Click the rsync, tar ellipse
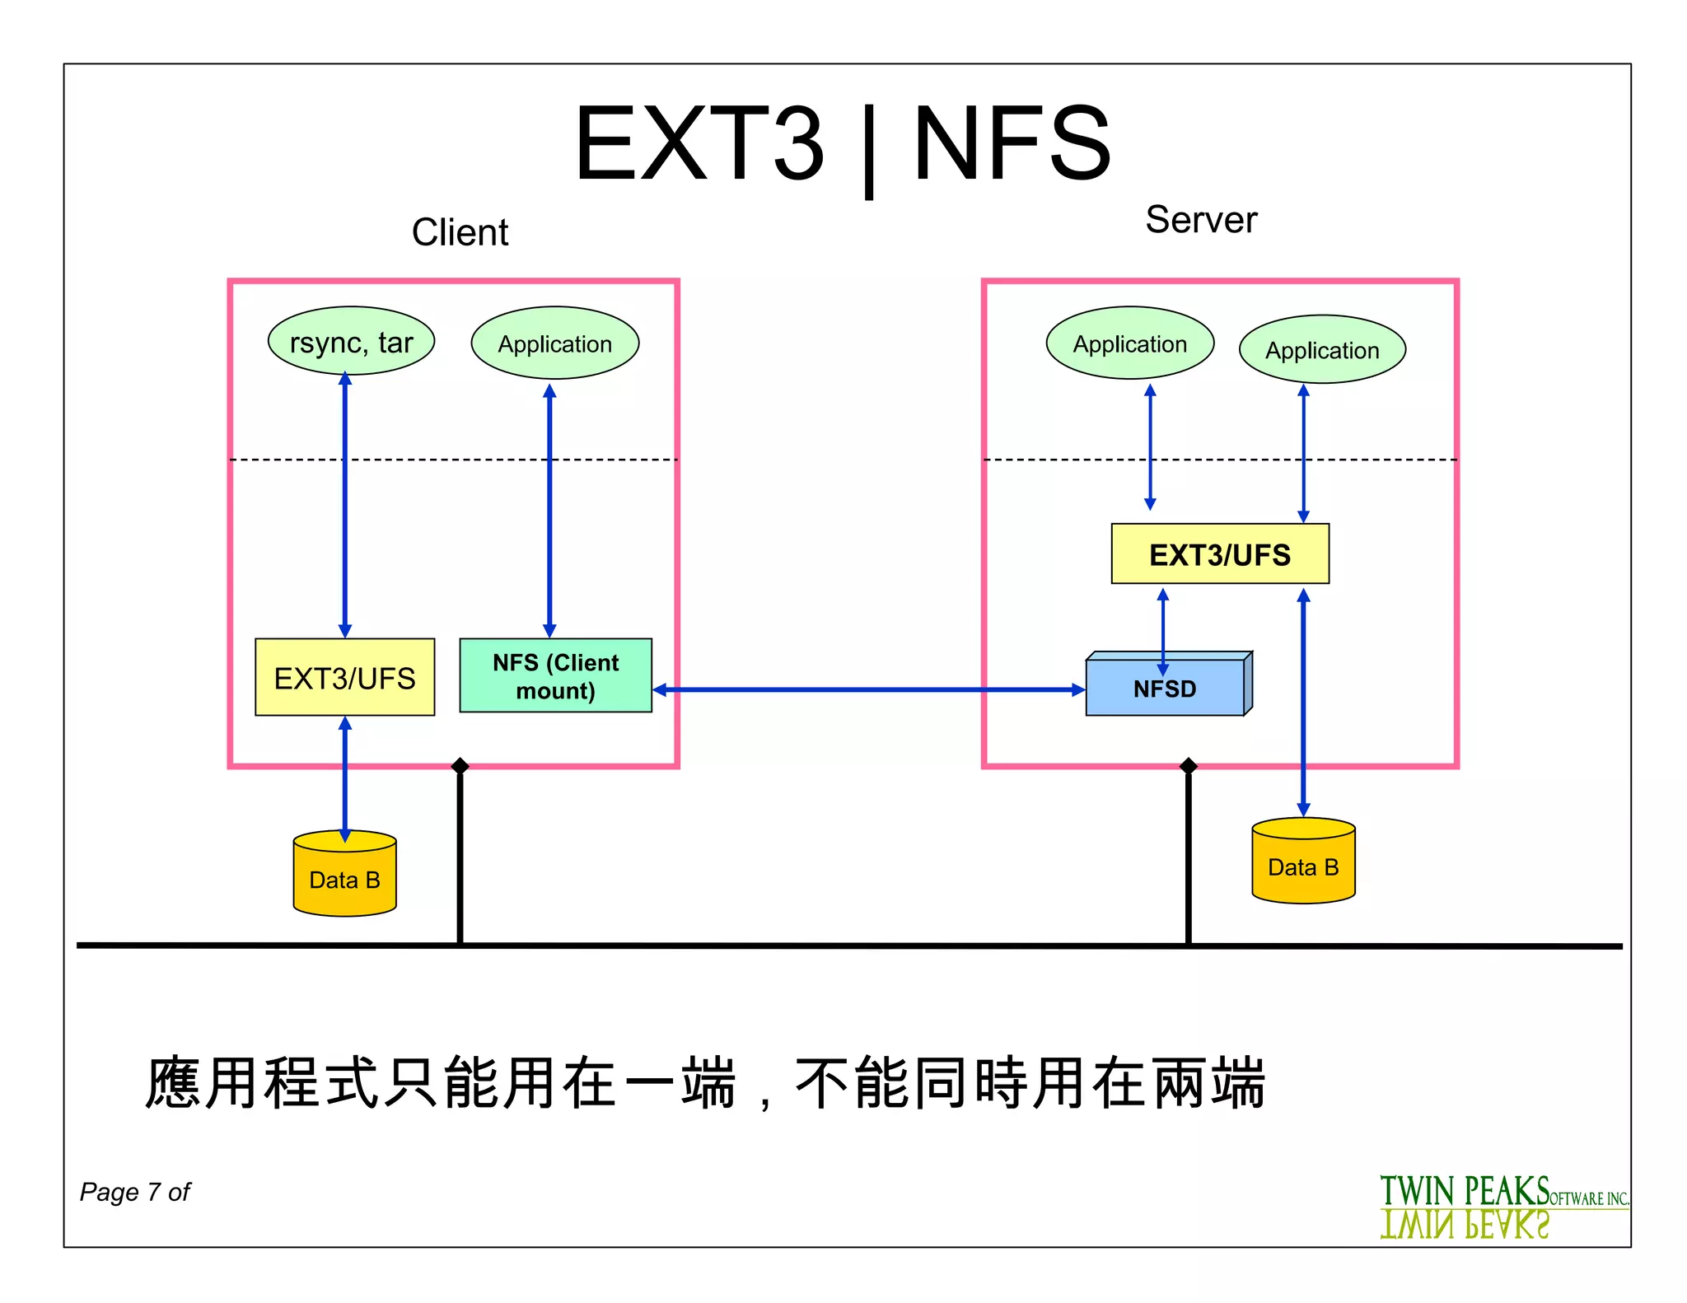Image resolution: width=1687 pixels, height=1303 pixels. pos(351,341)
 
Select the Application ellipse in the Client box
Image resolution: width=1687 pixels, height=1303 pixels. pos(554,343)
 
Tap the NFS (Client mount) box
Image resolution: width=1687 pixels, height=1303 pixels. pos(555,675)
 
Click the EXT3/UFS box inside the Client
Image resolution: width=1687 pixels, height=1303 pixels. pos(344,677)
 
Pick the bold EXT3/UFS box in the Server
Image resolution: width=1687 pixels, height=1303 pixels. pos(1219,554)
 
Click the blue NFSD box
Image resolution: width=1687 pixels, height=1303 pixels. pos(1165,688)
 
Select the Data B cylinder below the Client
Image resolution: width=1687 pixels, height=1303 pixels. pos(344,878)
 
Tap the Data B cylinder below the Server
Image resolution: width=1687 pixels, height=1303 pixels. pos(1302,866)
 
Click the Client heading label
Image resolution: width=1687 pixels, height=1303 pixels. pos(460,232)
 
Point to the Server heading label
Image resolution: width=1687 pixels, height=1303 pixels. pos(1200,220)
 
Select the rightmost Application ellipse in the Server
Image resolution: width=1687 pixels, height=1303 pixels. pos(1321,350)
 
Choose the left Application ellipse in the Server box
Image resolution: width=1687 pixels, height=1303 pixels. pos(1129,343)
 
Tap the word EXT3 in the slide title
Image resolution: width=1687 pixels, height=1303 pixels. pos(699,143)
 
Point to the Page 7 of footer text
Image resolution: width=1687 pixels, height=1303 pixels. pos(135,1192)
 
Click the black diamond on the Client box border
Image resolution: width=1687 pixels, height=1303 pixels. pos(460,767)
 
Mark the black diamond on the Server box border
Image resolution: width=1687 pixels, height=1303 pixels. pos(1188,767)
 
